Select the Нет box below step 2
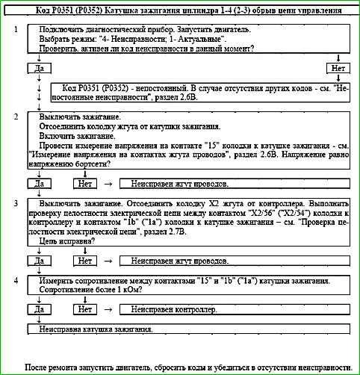84,182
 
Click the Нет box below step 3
84,261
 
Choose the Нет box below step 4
84,309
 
